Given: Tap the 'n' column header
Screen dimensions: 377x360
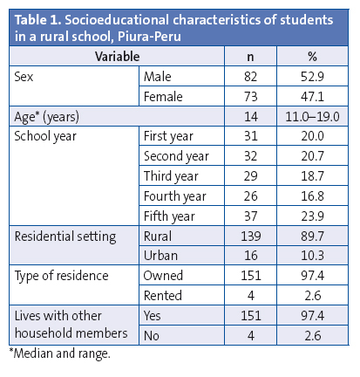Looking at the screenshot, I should pos(250,57).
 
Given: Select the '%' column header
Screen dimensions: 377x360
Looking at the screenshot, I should pos(310,57).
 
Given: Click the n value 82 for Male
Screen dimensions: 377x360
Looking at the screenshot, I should pos(250,76).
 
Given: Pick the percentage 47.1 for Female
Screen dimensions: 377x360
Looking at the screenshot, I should pos(310,95).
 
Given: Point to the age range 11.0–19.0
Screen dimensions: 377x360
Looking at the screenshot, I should pos(310,115).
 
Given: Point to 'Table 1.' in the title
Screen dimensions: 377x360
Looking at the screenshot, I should pos(36,18).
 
